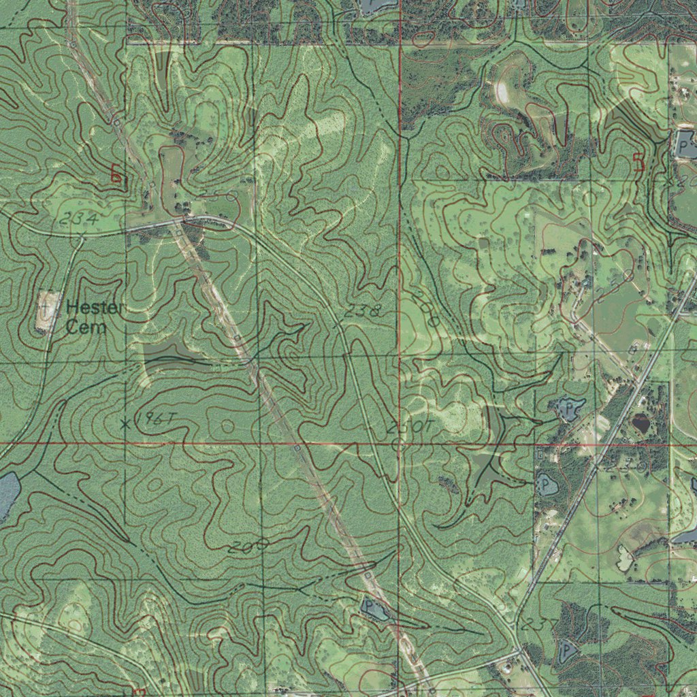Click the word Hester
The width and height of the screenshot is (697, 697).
point(95,308)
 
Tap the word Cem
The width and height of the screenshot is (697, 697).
point(86,327)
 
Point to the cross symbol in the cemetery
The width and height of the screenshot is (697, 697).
point(46,308)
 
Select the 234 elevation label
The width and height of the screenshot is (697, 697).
point(79,219)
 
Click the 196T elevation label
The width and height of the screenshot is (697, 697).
point(150,419)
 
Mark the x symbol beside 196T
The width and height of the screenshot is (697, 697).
point(125,424)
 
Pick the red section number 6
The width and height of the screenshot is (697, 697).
point(116,175)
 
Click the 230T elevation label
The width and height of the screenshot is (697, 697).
point(410,427)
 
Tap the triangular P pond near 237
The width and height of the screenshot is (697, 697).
point(566,651)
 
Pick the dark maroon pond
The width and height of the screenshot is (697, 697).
point(641,424)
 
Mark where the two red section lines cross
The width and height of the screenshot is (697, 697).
point(399,443)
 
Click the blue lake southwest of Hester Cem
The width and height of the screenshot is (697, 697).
point(7,493)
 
